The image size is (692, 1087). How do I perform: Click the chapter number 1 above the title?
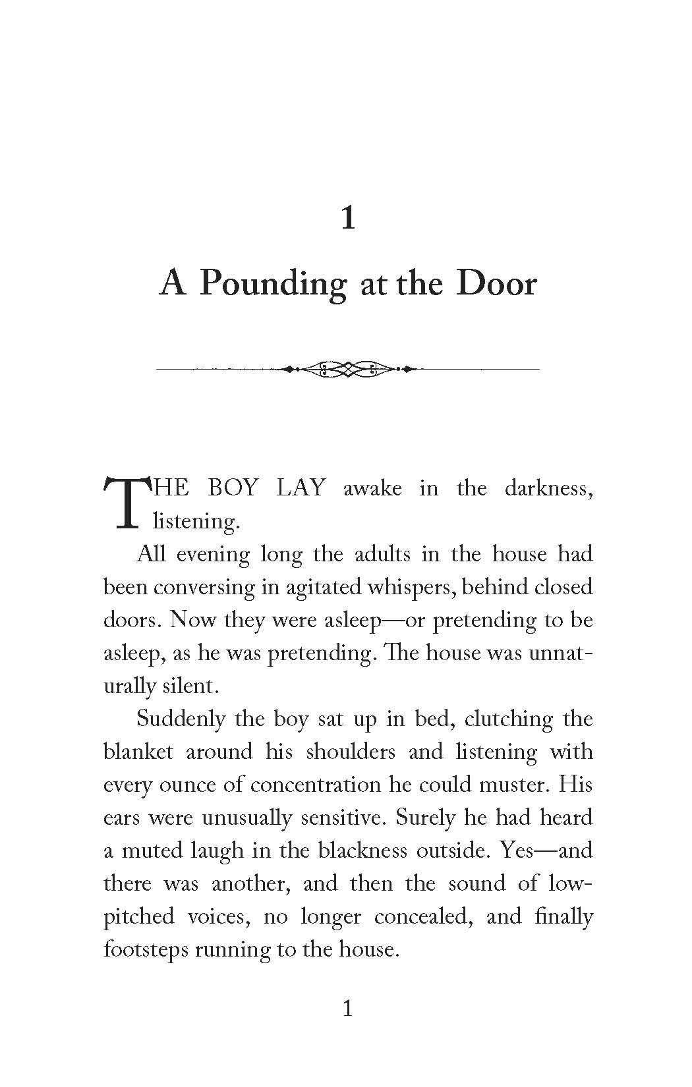tap(348, 218)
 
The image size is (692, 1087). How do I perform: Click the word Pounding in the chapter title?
tap(272, 285)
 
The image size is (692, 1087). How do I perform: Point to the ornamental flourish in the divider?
tap(347, 369)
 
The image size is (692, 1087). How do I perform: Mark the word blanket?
tap(138, 752)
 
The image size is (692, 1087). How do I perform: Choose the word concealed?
tap(422, 917)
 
